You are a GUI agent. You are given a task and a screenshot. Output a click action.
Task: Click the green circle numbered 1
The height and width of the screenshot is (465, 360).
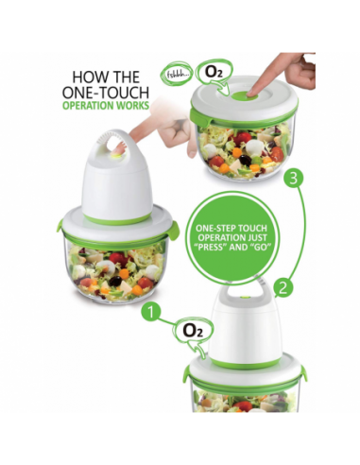151,312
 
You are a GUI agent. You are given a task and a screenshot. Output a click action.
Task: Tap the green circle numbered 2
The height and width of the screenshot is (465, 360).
283,287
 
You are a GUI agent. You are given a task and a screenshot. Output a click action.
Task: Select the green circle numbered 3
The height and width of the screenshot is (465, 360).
293,179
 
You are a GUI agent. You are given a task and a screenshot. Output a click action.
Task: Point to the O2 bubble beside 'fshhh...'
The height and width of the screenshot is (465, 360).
214,73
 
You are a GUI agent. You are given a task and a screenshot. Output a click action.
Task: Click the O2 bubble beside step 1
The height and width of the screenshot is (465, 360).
193,332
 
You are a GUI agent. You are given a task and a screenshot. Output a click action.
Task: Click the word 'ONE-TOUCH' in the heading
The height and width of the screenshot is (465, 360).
106,93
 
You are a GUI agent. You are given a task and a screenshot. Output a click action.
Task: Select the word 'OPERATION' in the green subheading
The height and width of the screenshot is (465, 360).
88,106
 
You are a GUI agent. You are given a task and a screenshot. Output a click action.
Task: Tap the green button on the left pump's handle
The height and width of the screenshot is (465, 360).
117,154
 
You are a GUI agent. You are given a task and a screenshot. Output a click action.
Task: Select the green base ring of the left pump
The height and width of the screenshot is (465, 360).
117,218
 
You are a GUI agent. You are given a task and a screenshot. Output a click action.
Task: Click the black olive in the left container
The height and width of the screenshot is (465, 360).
115,281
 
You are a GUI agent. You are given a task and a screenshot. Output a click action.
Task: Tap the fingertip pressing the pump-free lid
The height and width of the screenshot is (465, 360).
251,92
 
